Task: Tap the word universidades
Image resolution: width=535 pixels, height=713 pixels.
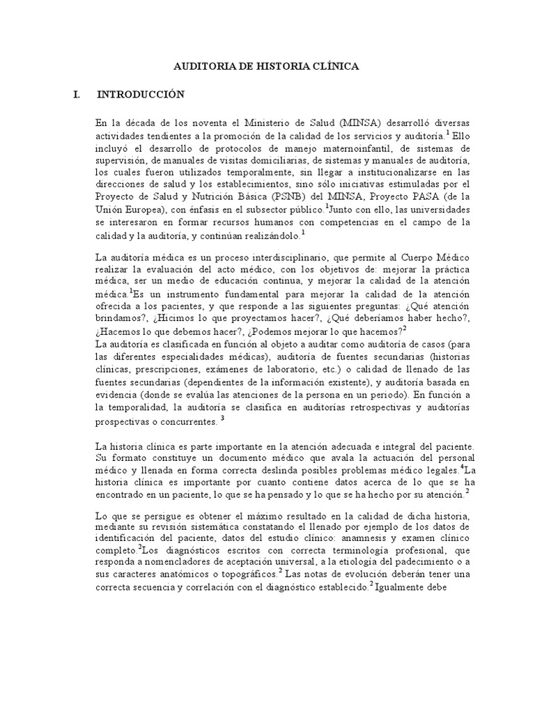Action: pos(438,209)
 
